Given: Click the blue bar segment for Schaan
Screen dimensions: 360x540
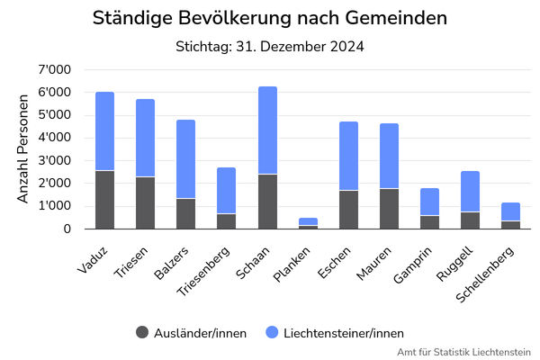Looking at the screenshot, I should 267,130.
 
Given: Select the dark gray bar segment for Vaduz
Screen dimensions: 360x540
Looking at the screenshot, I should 104,199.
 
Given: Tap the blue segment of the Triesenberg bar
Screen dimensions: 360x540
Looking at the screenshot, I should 227,190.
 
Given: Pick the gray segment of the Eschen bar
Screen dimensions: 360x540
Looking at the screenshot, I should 348,209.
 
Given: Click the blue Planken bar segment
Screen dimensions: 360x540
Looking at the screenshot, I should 308,221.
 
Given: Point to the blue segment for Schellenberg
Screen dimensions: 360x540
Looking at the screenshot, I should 511,211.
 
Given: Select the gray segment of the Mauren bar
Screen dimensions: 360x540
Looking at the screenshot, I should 389,208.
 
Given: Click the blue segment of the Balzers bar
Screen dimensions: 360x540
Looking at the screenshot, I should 185,158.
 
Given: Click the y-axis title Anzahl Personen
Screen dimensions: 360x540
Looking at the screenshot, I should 23,149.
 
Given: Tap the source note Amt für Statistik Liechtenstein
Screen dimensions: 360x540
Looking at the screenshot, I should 463,351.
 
